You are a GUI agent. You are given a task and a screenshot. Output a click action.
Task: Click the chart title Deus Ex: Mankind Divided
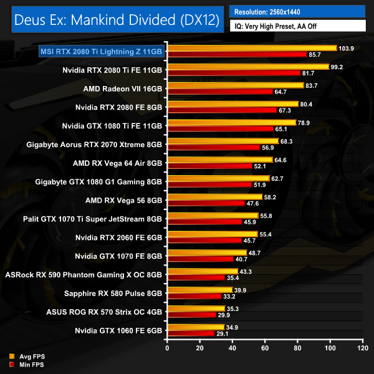(x=116, y=20)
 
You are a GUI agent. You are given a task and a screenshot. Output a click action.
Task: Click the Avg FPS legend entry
(x=27, y=356)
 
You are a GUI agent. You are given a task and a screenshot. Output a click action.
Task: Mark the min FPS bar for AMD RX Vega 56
(x=205, y=203)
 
